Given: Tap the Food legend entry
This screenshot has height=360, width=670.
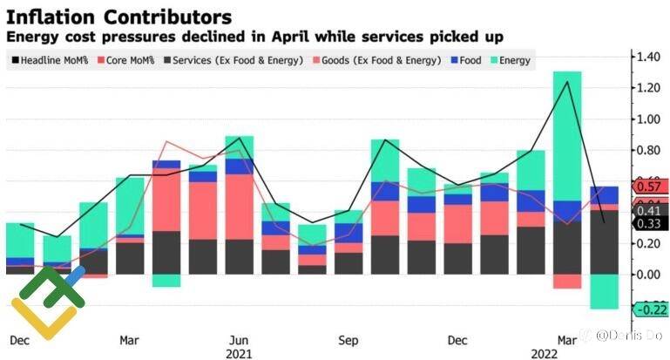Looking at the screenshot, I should [x=468, y=60].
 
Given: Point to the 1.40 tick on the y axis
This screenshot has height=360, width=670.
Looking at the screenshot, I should [x=647, y=57].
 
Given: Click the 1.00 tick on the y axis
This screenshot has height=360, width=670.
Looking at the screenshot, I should [x=647, y=119].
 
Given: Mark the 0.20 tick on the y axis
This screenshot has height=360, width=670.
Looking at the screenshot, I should [x=647, y=243].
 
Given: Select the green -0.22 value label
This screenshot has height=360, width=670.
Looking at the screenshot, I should [x=649, y=309].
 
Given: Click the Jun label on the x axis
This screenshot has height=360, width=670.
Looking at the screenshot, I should [x=239, y=338].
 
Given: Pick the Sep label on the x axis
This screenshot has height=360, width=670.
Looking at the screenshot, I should [x=349, y=338].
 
